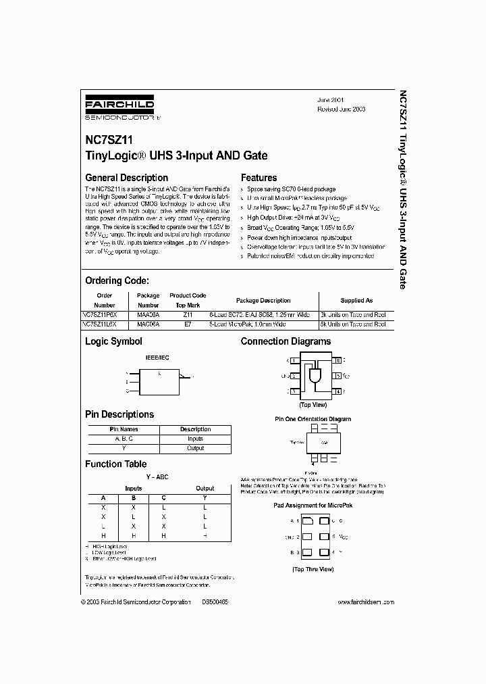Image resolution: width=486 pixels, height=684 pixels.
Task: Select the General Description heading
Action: pyautogui.click(x=126, y=178)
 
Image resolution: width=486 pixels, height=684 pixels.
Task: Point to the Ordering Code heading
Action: pyautogui.click(x=117, y=280)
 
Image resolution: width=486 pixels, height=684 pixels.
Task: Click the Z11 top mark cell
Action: pyautogui.click(x=188, y=315)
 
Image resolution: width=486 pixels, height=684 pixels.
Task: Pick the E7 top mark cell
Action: pyautogui.click(x=188, y=324)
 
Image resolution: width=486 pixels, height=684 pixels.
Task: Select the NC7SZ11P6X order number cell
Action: pyautogui.click(x=104, y=315)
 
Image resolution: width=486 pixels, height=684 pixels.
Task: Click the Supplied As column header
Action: pyautogui.click(x=356, y=300)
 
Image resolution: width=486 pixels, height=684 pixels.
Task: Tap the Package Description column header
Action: pyautogui.click(x=263, y=300)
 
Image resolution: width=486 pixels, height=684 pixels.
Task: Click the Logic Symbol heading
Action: pyautogui.click(x=113, y=342)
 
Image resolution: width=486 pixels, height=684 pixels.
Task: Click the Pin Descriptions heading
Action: pyautogui.click(x=119, y=414)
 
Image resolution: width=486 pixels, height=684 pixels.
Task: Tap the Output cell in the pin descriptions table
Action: pyautogui.click(x=195, y=447)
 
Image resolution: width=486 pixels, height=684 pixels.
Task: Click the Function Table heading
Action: pyautogui.click(x=115, y=464)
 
